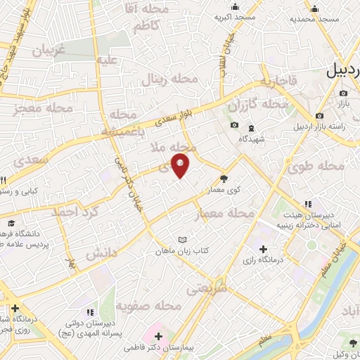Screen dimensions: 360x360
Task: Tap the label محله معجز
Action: click(43, 109)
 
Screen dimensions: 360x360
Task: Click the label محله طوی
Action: click(316, 167)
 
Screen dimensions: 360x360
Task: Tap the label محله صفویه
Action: click(149, 306)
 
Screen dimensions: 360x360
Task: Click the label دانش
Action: click(100, 254)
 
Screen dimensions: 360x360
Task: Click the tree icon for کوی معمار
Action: click(224, 179)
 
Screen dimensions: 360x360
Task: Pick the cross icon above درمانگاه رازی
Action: click(263, 249)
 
